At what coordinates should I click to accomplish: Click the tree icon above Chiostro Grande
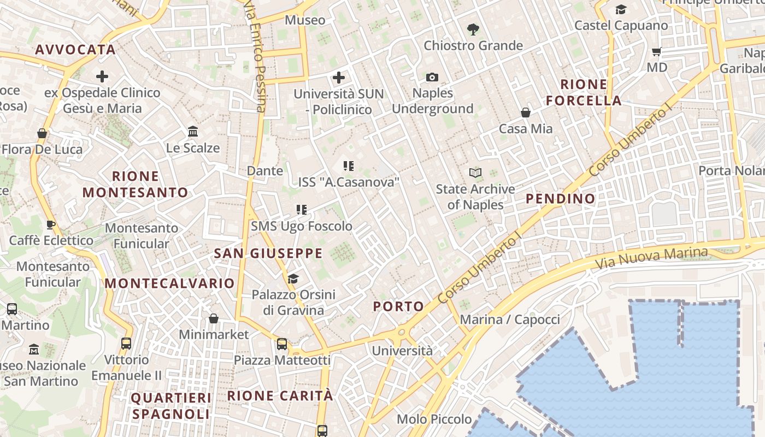[x=473, y=29]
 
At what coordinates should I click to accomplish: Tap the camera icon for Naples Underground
[x=432, y=77]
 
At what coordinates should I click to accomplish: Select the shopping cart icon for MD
[x=657, y=52]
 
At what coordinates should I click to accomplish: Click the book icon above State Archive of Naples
[x=475, y=173]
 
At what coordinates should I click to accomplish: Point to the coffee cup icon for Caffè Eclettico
[x=51, y=225]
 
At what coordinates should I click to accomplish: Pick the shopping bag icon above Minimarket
[x=214, y=318]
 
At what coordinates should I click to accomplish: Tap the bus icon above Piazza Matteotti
[x=282, y=344]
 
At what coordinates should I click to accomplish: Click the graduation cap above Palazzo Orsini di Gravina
[x=293, y=279]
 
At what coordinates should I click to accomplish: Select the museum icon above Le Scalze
[x=193, y=132]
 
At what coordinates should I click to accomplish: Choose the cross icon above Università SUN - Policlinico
[x=339, y=78]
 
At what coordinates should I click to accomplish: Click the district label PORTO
[x=399, y=306]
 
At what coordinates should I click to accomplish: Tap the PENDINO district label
[x=561, y=199]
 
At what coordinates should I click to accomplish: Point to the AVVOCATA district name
[x=75, y=50]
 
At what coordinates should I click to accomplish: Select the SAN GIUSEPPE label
[x=268, y=253]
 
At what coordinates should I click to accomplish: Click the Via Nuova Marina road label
[x=651, y=258]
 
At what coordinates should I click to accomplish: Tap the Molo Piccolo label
[x=434, y=419]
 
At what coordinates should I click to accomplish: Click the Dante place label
[x=265, y=170]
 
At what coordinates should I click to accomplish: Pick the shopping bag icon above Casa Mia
[x=526, y=113]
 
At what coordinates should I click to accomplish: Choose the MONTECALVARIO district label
[x=169, y=284]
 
